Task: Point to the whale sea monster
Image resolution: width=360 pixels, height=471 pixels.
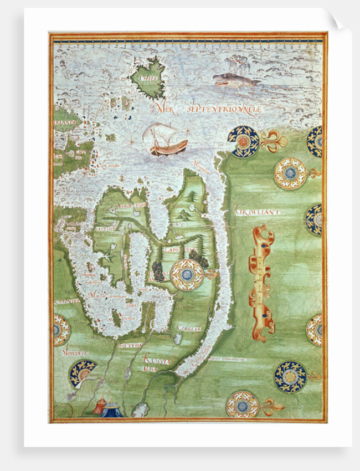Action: (x=235, y=80)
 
